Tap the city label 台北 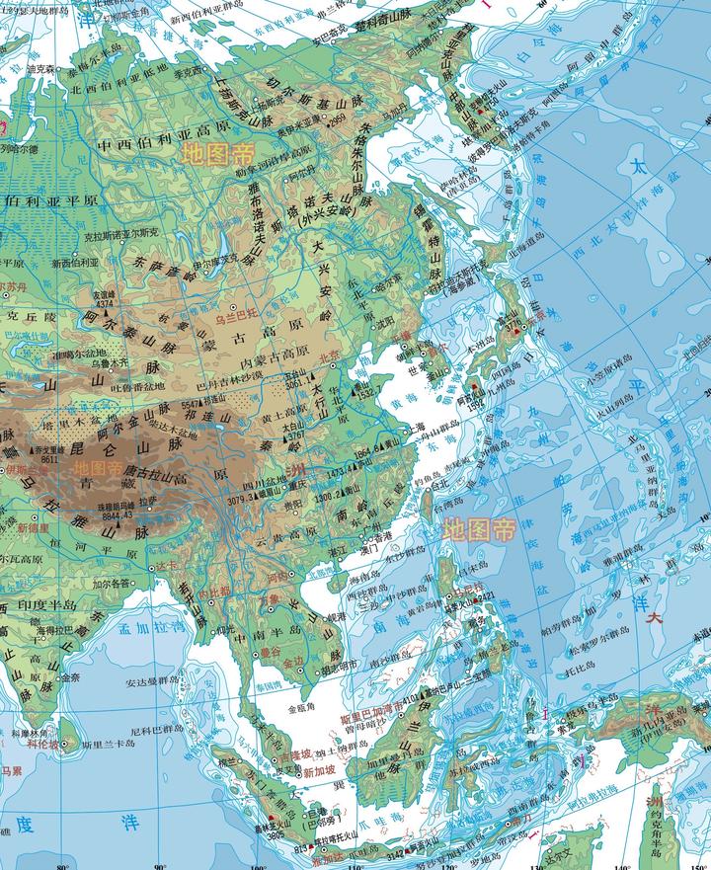point(435,486)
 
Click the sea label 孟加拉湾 point(122,626)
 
